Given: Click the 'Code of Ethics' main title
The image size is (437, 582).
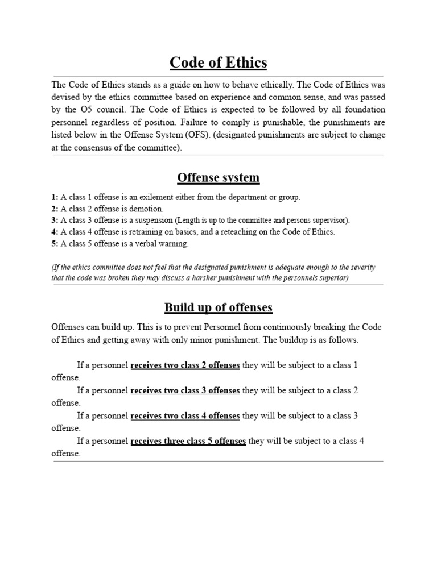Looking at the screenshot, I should [218, 62].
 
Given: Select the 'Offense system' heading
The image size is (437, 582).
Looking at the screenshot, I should [218, 178].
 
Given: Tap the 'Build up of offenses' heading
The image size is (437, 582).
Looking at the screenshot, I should [218, 307].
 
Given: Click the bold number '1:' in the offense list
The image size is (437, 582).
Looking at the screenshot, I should [55, 197].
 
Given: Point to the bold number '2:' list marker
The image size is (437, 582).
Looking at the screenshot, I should [55, 209].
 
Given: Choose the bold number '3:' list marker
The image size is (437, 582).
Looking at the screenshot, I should [55, 221].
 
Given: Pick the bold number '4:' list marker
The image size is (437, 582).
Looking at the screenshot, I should [55, 232].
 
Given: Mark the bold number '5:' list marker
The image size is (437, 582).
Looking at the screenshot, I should [55, 244].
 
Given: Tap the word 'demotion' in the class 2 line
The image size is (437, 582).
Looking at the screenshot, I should [147, 209].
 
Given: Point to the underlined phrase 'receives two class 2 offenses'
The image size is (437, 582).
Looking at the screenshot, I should [185, 365].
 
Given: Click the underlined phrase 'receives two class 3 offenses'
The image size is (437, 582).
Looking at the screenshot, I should [185, 390].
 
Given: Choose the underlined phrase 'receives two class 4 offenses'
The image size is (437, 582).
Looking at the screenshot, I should [185, 415].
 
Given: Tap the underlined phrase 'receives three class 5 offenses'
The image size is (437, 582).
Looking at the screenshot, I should [188, 440].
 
